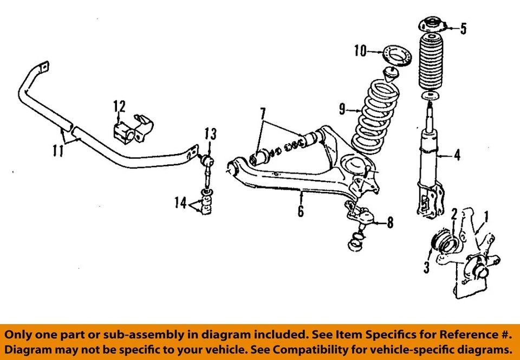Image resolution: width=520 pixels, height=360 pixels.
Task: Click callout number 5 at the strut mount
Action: [x=463, y=28]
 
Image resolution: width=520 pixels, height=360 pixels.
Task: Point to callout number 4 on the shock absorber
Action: [x=457, y=156]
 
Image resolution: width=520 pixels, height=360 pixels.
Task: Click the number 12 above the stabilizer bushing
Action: [x=119, y=106]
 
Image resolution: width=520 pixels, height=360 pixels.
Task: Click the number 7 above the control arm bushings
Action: [x=263, y=114]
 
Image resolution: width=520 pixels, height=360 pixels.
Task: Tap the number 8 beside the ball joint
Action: [x=389, y=222]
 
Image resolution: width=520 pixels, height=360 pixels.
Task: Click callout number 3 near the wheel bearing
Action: [x=426, y=266]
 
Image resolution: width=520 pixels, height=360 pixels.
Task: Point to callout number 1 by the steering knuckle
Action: [x=486, y=217]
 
